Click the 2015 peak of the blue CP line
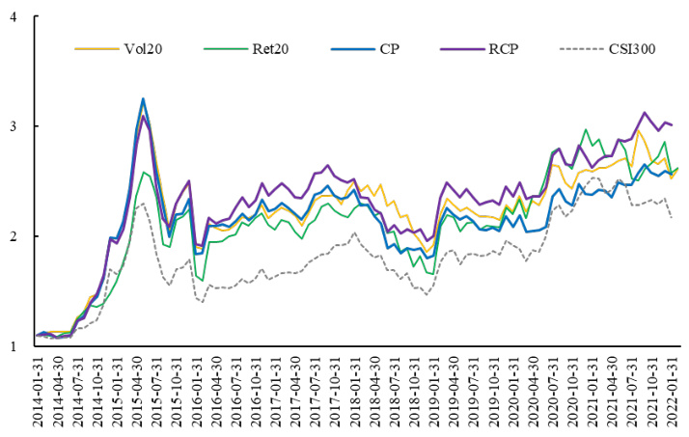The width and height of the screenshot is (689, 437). point(144,98)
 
